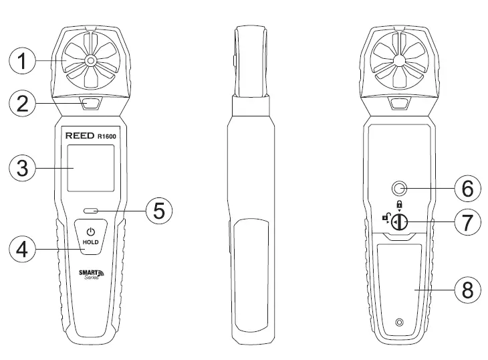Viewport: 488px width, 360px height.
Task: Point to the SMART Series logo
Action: [92, 275]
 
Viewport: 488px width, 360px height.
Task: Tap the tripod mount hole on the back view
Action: [400, 188]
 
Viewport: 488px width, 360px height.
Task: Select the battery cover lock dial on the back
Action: [400, 222]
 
